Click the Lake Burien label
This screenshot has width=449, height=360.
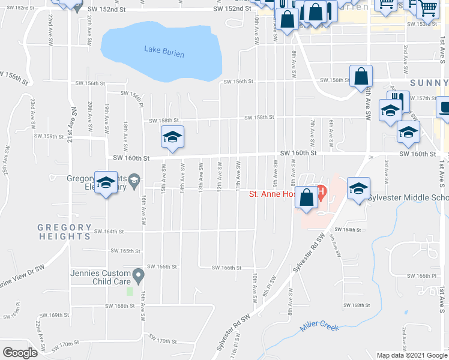click(164, 52)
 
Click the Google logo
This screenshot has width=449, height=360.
click(20, 353)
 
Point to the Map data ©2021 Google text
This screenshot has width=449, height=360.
click(411, 355)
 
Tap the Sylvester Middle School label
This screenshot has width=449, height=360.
click(408, 197)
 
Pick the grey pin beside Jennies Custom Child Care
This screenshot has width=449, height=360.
click(139, 277)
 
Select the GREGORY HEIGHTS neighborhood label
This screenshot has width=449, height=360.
click(64, 232)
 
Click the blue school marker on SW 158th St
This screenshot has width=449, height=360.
click(172, 137)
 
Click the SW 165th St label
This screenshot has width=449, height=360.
click(125, 251)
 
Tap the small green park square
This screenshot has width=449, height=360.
click(129, 292)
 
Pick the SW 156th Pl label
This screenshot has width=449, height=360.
click(134, 96)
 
